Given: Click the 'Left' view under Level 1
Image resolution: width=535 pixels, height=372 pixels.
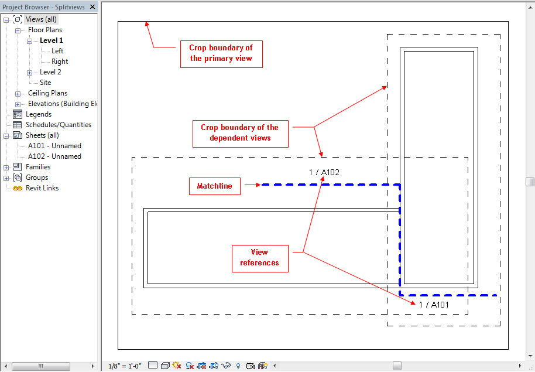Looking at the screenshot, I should click(57, 51).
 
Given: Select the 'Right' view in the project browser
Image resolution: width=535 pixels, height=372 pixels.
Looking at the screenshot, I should click(60, 62).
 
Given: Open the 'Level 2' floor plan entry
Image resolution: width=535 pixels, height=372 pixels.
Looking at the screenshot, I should click(50, 72).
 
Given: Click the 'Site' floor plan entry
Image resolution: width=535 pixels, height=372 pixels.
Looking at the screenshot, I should click(46, 83).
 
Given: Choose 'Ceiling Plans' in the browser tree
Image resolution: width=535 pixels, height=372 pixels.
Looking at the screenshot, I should click(47, 93).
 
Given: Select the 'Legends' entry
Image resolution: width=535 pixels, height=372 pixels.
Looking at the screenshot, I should click(39, 114).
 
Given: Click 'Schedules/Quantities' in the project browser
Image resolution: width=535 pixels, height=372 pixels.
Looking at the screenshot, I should click(59, 125).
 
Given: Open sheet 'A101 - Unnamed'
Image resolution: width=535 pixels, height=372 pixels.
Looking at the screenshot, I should click(54, 146).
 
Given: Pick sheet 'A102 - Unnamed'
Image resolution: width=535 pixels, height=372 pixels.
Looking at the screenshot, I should click(54, 156).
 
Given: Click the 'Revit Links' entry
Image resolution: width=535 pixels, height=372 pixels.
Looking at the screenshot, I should click(42, 188).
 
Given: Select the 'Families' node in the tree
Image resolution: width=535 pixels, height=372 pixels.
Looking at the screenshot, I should click(38, 167).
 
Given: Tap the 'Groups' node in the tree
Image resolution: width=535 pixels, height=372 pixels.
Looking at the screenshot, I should click(37, 178).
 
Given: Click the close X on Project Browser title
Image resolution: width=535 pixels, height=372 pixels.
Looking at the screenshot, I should click(92, 7).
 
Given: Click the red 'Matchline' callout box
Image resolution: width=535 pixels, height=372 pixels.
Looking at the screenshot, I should click(214, 186).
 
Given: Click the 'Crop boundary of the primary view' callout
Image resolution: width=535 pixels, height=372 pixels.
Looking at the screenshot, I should click(221, 53).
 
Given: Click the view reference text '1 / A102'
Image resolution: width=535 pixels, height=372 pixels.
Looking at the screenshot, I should click(324, 172).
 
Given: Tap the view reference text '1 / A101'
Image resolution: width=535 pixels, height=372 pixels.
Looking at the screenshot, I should click(434, 304).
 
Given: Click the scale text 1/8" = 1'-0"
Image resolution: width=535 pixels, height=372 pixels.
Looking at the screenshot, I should click(125, 366).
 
